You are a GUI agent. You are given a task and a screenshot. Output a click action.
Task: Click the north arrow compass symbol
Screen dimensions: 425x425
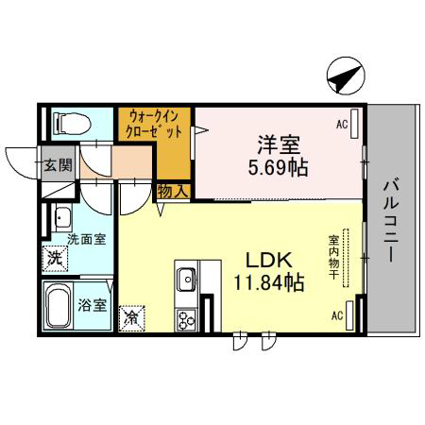click(x=346, y=76)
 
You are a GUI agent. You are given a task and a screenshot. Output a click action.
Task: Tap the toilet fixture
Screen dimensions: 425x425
click(x=72, y=124)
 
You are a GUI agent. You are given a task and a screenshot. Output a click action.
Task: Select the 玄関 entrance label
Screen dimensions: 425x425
click(x=58, y=165)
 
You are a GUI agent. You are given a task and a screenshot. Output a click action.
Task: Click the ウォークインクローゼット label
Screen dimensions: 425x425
click(x=154, y=124)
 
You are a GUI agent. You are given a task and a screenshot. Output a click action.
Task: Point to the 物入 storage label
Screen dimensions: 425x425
click(x=174, y=191)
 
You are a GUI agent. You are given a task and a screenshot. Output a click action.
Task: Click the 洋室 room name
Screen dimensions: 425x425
click(x=279, y=144)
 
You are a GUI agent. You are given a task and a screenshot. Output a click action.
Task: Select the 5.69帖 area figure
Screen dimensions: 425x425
click(x=278, y=167)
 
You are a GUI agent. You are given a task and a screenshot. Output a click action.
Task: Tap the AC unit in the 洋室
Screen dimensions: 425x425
click(x=354, y=124)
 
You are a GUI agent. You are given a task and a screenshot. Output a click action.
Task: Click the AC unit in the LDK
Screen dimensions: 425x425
click(x=349, y=315)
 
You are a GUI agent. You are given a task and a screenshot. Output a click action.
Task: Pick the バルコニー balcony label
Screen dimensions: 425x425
click(x=391, y=220)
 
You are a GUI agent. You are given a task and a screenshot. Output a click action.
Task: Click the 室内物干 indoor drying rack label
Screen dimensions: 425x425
click(x=333, y=257)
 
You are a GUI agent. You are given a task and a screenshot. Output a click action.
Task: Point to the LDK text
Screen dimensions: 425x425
click(x=269, y=260)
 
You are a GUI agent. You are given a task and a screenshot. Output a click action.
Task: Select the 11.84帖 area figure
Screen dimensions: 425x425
click(x=268, y=282)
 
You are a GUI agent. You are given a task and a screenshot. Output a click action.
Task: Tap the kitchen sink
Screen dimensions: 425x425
click(x=186, y=280)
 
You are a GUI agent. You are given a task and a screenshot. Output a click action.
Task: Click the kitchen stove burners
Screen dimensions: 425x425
click(x=186, y=319)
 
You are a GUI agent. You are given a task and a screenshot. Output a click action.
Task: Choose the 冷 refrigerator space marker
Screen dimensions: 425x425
click(x=132, y=318)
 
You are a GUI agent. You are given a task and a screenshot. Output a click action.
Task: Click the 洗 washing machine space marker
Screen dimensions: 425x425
click(x=56, y=259)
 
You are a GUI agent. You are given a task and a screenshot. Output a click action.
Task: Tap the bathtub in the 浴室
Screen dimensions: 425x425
click(x=58, y=306)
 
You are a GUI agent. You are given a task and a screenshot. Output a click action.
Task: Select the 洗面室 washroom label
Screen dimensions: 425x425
click(x=87, y=240)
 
